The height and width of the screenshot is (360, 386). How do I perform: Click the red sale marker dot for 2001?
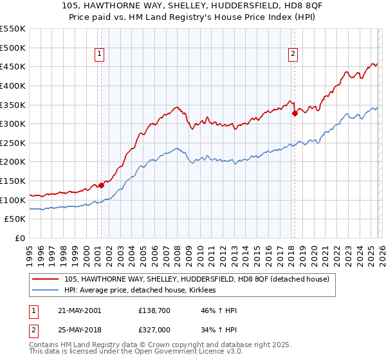(101, 185)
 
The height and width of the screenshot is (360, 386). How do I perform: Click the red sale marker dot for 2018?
(295, 113)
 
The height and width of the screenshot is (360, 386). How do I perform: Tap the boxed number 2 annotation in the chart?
(293, 55)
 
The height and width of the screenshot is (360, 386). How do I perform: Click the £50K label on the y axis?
(15, 219)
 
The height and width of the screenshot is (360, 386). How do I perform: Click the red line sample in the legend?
(46, 279)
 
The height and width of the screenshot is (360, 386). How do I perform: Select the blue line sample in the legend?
(46, 291)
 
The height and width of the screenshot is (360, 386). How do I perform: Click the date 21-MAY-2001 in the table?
(75, 310)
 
